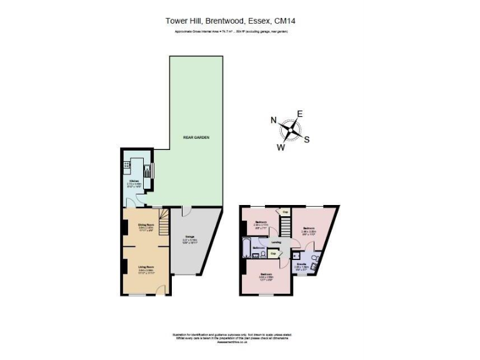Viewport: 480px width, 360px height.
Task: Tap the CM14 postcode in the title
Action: point(284,21)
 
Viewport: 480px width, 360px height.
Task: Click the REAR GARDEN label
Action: point(194,139)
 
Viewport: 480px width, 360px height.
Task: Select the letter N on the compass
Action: point(273,121)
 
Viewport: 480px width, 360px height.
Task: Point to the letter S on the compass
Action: point(306,139)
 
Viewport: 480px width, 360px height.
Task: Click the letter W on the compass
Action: point(281,147)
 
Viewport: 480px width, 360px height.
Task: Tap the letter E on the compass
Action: point(299,114)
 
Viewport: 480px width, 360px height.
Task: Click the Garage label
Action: point(189,236)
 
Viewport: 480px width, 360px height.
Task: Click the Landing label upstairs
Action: point(276,242)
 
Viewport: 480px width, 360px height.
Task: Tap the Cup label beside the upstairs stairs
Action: point(285,211)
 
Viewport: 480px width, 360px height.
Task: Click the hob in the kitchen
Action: point(127,166)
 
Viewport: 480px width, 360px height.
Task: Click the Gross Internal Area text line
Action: point(231,30)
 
